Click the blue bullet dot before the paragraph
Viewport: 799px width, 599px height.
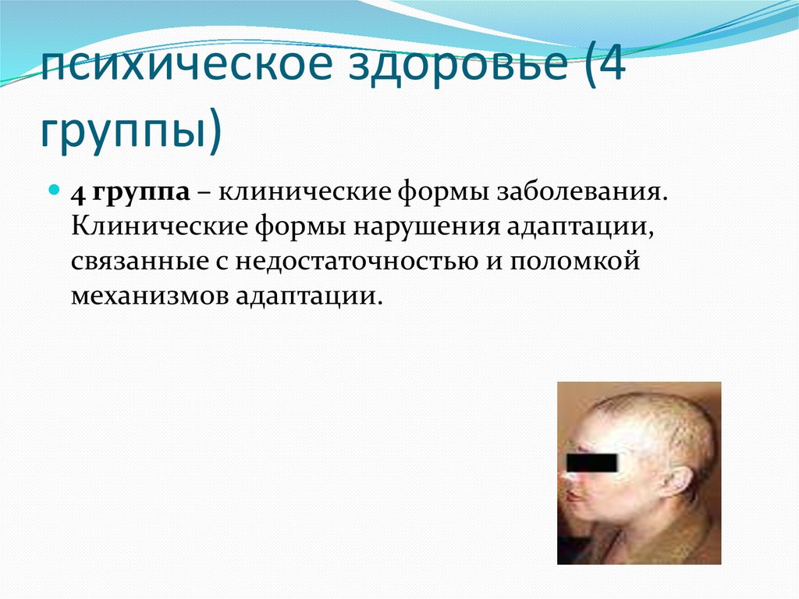click(55, 190)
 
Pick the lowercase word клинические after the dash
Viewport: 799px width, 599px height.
click(300, 191)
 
